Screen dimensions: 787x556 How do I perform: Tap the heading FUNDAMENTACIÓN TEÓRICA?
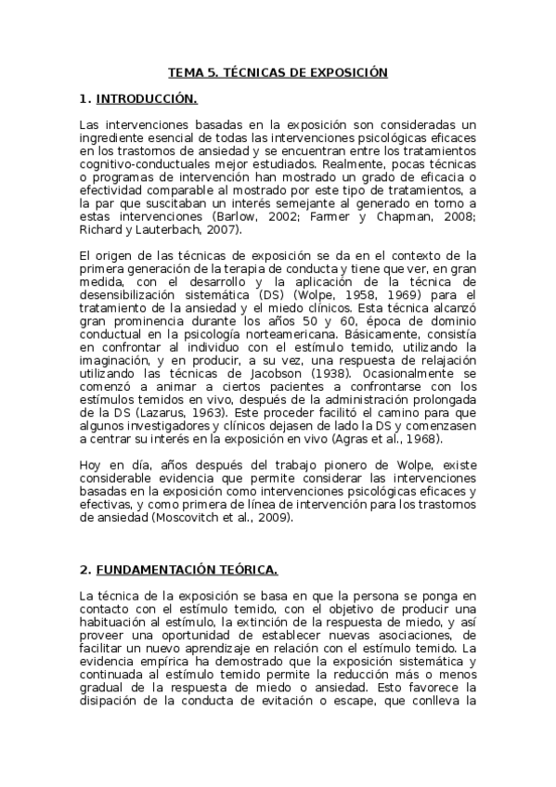[186, 569]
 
